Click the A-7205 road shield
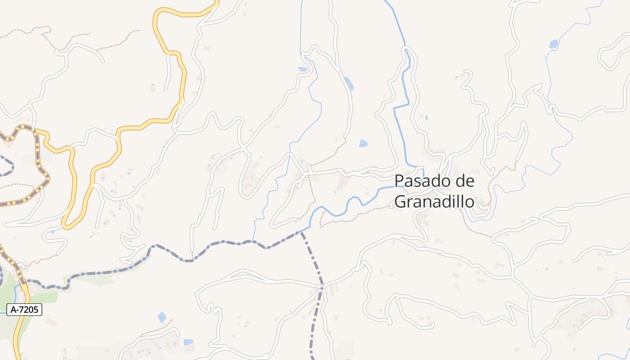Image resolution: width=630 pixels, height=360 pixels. coord(24,310)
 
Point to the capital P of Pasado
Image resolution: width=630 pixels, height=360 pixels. coord(399,181)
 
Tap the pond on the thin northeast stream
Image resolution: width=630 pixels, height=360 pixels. coord(553,44)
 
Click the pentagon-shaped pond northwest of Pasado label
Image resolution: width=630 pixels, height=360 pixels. coord(363,143)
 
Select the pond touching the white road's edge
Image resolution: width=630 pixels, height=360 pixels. coord(348,83)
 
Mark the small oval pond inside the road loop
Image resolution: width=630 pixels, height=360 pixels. coord(302,69)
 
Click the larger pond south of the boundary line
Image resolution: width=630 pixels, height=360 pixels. coord(162,317)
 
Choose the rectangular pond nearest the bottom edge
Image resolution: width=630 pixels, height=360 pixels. coord(188,342)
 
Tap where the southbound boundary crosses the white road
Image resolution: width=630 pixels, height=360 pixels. coord(322,287)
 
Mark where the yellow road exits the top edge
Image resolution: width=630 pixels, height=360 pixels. coord(217,1)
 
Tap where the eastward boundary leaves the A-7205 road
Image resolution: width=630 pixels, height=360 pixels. coord(25,281)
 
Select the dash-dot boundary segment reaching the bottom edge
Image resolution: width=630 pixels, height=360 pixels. coord(311,353)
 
